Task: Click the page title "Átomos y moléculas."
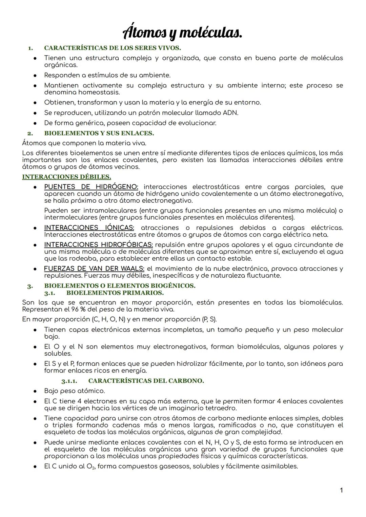tap(183, 33)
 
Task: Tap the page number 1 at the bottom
tap(341, 490)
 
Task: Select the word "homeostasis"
tap(99, 92)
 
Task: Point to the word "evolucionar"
tap(197, 123)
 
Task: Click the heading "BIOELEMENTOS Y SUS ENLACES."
tap(99, 133)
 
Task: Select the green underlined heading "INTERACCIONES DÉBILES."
tap(66, 177)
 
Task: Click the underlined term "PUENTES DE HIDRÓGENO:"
tap(91, 187)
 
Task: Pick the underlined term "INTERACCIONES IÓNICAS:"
tap(89, 228)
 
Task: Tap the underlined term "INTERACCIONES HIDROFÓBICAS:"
tap(99, 245)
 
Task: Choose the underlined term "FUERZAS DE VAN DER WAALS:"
tap(94, 269)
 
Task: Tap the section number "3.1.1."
tap(69, 381)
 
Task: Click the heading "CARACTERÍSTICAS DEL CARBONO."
tap(146, 381)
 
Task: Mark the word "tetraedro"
tap(221, 408)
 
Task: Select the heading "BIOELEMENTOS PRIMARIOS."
tap(115, 293)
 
